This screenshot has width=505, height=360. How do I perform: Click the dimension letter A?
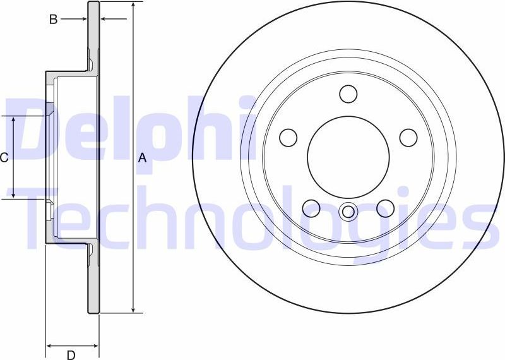[x=142, y=159]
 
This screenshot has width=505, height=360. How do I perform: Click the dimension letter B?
[x=54, y=20]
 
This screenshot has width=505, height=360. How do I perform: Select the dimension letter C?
[x=4, y=157]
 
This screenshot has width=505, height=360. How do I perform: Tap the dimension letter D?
[x=71, y=355]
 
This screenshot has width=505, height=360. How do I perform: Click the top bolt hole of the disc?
[x=348, y=94]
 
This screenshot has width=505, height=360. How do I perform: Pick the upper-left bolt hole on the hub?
[x=288, y=137]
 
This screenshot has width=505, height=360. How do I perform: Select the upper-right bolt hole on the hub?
[x=408, y=137]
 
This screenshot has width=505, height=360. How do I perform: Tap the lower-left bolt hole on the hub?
[x=311, y=207]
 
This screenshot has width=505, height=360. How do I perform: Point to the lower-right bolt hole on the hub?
[x=386, y=207]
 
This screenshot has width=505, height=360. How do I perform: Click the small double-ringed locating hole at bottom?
[x=348, y=212]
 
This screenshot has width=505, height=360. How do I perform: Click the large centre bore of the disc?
[x=348, y=156]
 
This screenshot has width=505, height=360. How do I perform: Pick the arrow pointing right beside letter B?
[x=83, y=20]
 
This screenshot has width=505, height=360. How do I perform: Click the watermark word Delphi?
[x=126, y=129]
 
